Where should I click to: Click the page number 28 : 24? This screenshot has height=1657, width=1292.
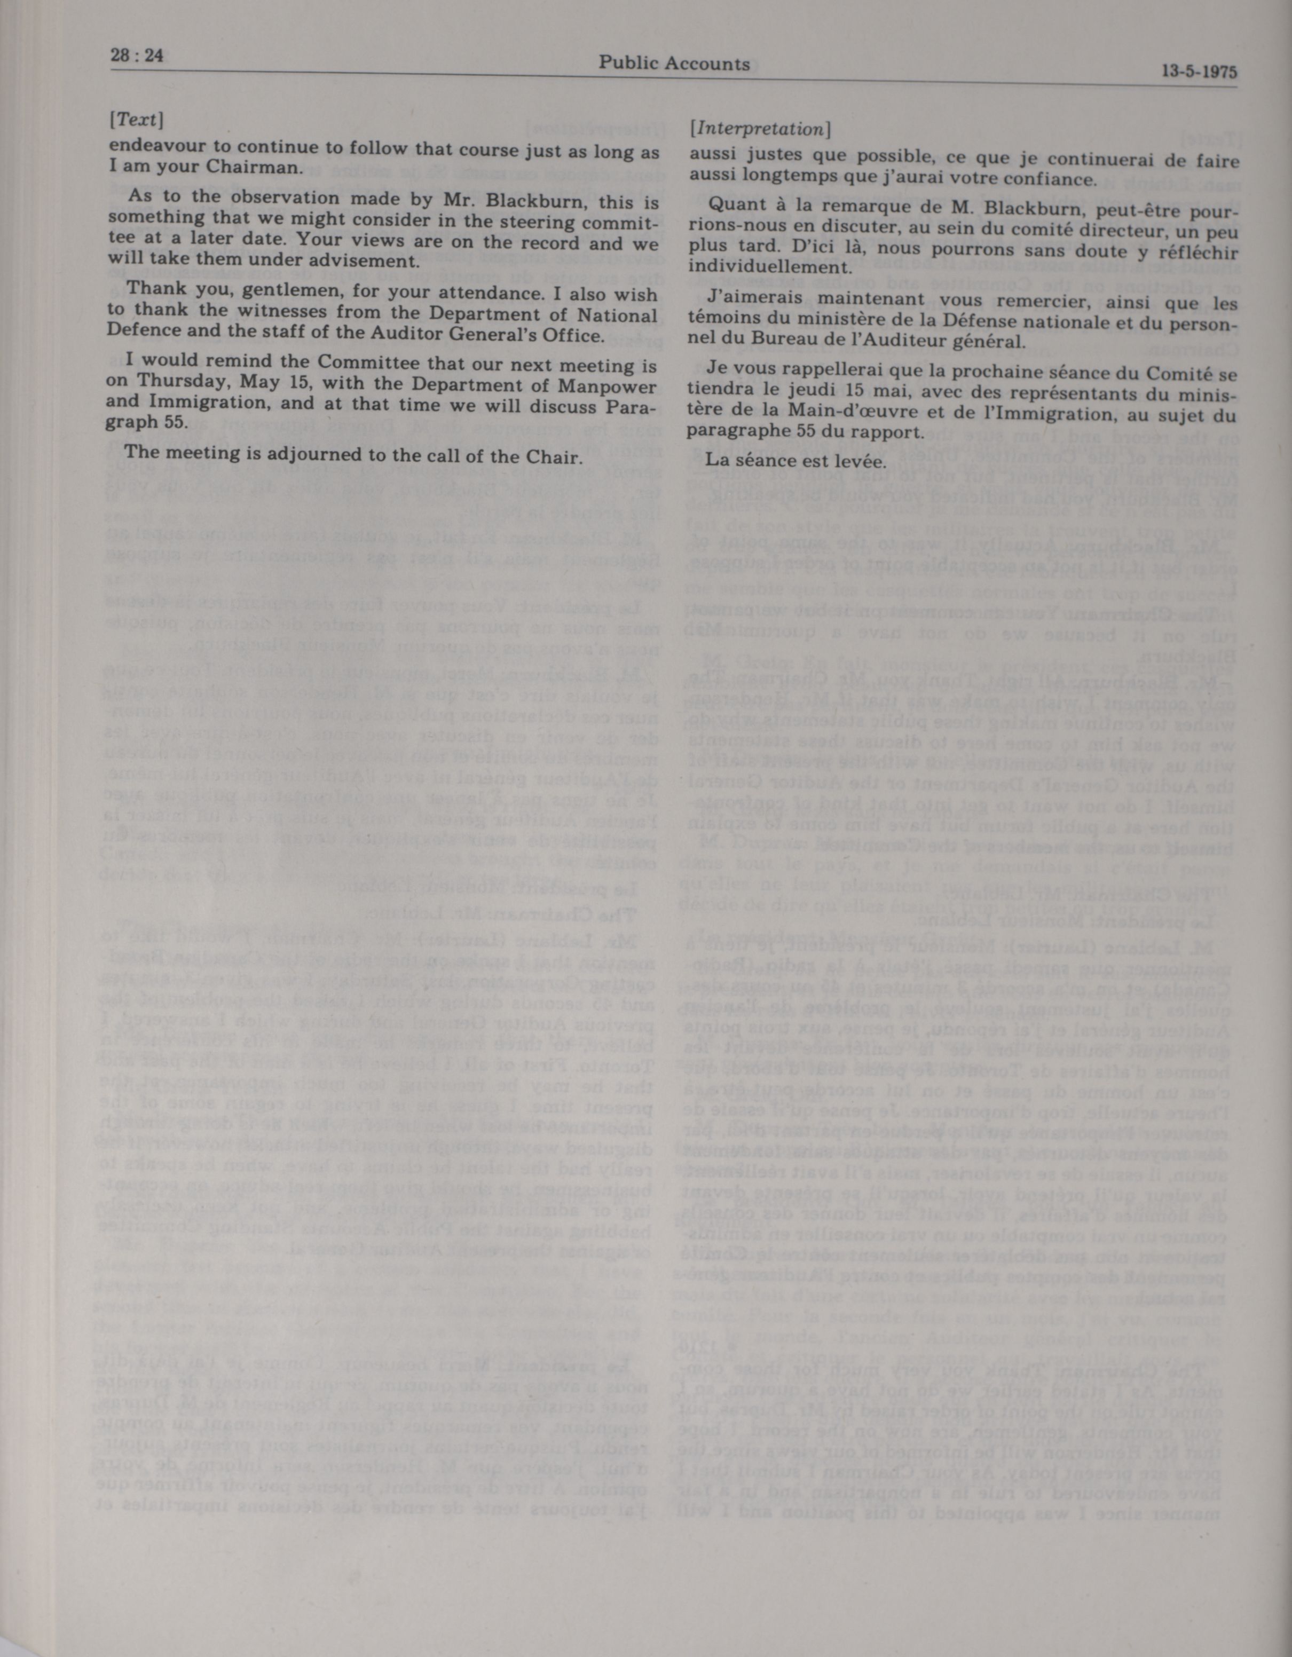137,56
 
